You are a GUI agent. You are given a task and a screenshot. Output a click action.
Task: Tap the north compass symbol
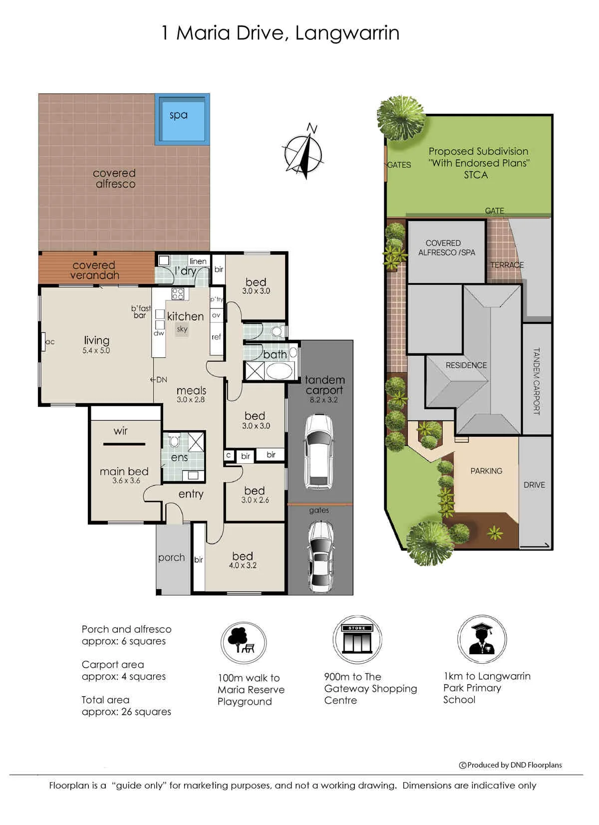pos(303,153)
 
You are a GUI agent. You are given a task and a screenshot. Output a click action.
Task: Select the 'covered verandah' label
pos(94,270)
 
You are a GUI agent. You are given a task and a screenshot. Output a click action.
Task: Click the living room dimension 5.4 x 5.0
pos(96,350)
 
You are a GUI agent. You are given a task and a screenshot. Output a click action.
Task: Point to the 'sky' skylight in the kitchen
pos(182,329)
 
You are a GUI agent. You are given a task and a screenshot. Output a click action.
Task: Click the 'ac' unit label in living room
pos(50,342)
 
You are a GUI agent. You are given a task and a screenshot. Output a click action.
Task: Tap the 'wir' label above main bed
pos(120,431)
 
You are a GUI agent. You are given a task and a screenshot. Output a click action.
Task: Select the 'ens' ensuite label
pos(179,458)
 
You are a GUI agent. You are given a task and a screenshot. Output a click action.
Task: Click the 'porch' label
pos(171,557)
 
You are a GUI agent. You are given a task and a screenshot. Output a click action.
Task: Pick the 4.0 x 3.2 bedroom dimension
pos(243,565)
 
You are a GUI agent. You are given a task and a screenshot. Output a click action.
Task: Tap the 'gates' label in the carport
pos(319,511)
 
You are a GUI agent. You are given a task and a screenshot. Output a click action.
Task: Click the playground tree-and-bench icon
pos(244,643)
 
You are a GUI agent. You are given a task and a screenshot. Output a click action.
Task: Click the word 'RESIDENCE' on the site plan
pos(466,365)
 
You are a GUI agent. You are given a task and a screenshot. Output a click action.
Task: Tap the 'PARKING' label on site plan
pos(486,471)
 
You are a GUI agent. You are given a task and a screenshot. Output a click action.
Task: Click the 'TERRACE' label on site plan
pos(507,265)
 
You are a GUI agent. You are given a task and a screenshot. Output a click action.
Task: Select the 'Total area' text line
pos(105,700)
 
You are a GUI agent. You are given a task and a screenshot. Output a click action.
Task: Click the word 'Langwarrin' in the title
pos(347,33)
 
